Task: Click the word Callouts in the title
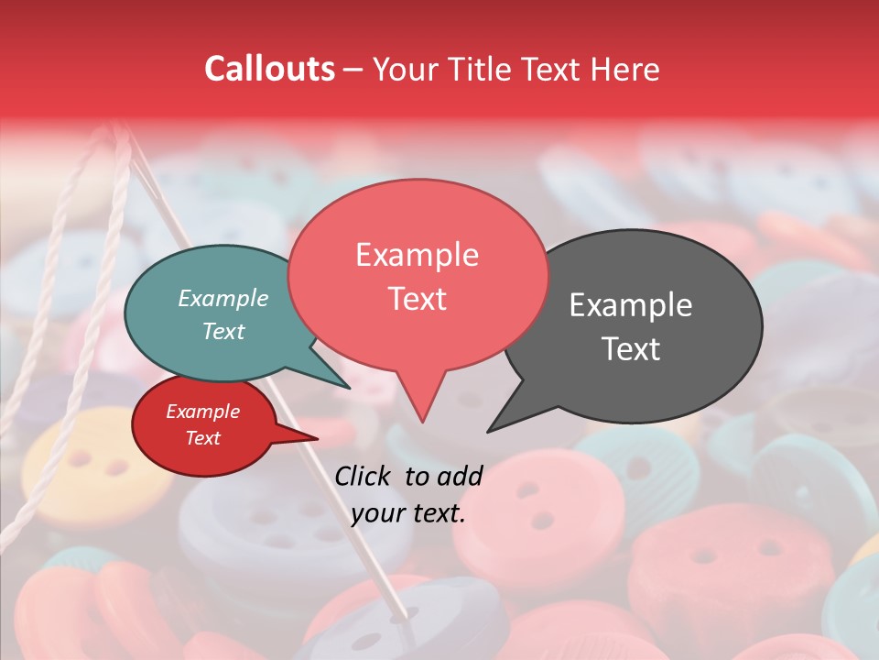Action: point(269,69)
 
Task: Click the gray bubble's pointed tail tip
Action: point(490,430)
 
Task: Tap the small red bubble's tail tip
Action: point(317,438)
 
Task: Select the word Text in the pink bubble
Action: point(417,299)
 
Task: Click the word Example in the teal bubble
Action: point(223,298)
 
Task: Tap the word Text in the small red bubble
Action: point(203,438)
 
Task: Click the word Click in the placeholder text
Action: point(364,476)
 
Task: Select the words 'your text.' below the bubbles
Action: point(408,513)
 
